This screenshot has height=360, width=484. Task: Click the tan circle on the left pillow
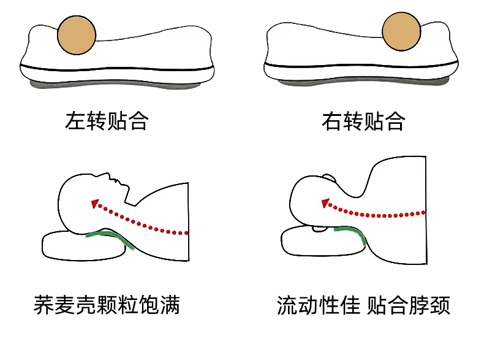(x=78, y=34)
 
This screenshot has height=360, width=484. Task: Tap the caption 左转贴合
(x=107, y=120)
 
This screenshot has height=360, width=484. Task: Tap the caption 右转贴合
(x=363, y=120)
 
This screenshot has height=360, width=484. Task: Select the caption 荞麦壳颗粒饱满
(x=107, y=305)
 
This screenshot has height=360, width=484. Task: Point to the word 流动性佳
(x=318, y=305)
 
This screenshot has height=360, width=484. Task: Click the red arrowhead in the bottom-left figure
(x=94, y=202)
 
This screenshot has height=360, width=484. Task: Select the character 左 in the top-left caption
(x=75, y=120)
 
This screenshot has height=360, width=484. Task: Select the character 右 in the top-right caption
(x=332, y=120)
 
